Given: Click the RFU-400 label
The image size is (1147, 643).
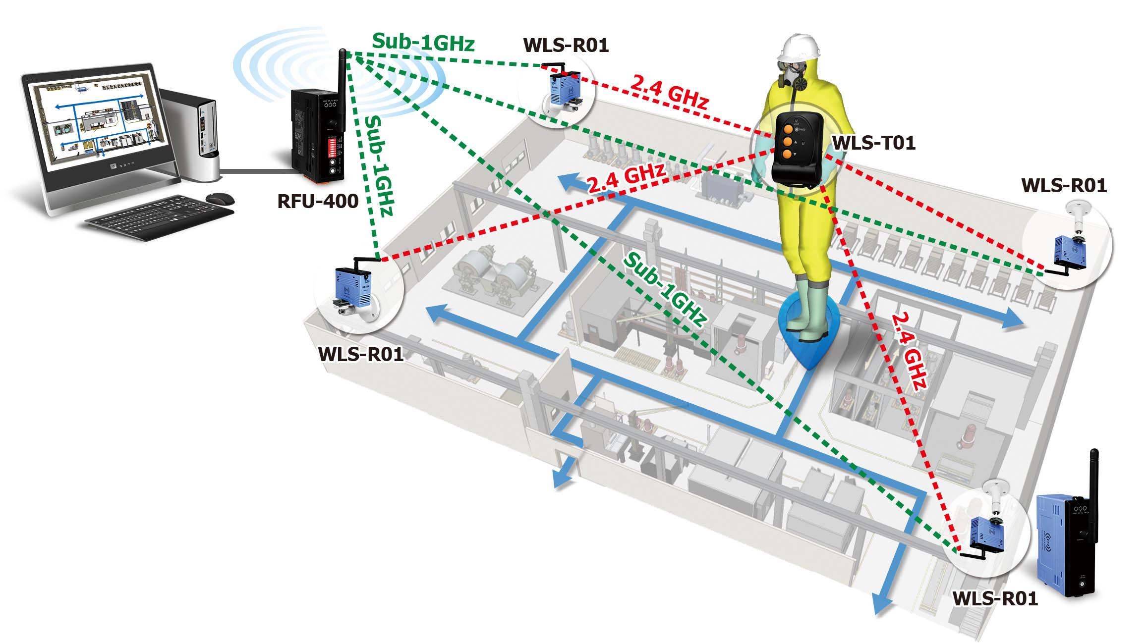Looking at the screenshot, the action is pos(318,201).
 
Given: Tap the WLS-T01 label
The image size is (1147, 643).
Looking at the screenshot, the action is pos(873,143).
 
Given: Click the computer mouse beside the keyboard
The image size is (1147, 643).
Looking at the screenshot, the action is pos(220,198).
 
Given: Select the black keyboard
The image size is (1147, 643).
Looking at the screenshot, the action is pos(160,217).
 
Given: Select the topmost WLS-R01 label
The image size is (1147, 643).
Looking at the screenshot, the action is pos(566,46).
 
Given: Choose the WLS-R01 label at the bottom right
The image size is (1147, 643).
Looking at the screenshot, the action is pos(995,598).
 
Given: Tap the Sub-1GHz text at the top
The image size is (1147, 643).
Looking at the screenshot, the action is pos(423,42).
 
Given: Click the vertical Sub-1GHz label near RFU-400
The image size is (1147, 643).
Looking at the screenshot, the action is pos(379,165).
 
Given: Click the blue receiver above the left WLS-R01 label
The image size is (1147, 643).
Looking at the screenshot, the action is pos(353,287).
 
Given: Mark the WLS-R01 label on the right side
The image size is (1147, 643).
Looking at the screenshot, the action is pos(1064,186).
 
